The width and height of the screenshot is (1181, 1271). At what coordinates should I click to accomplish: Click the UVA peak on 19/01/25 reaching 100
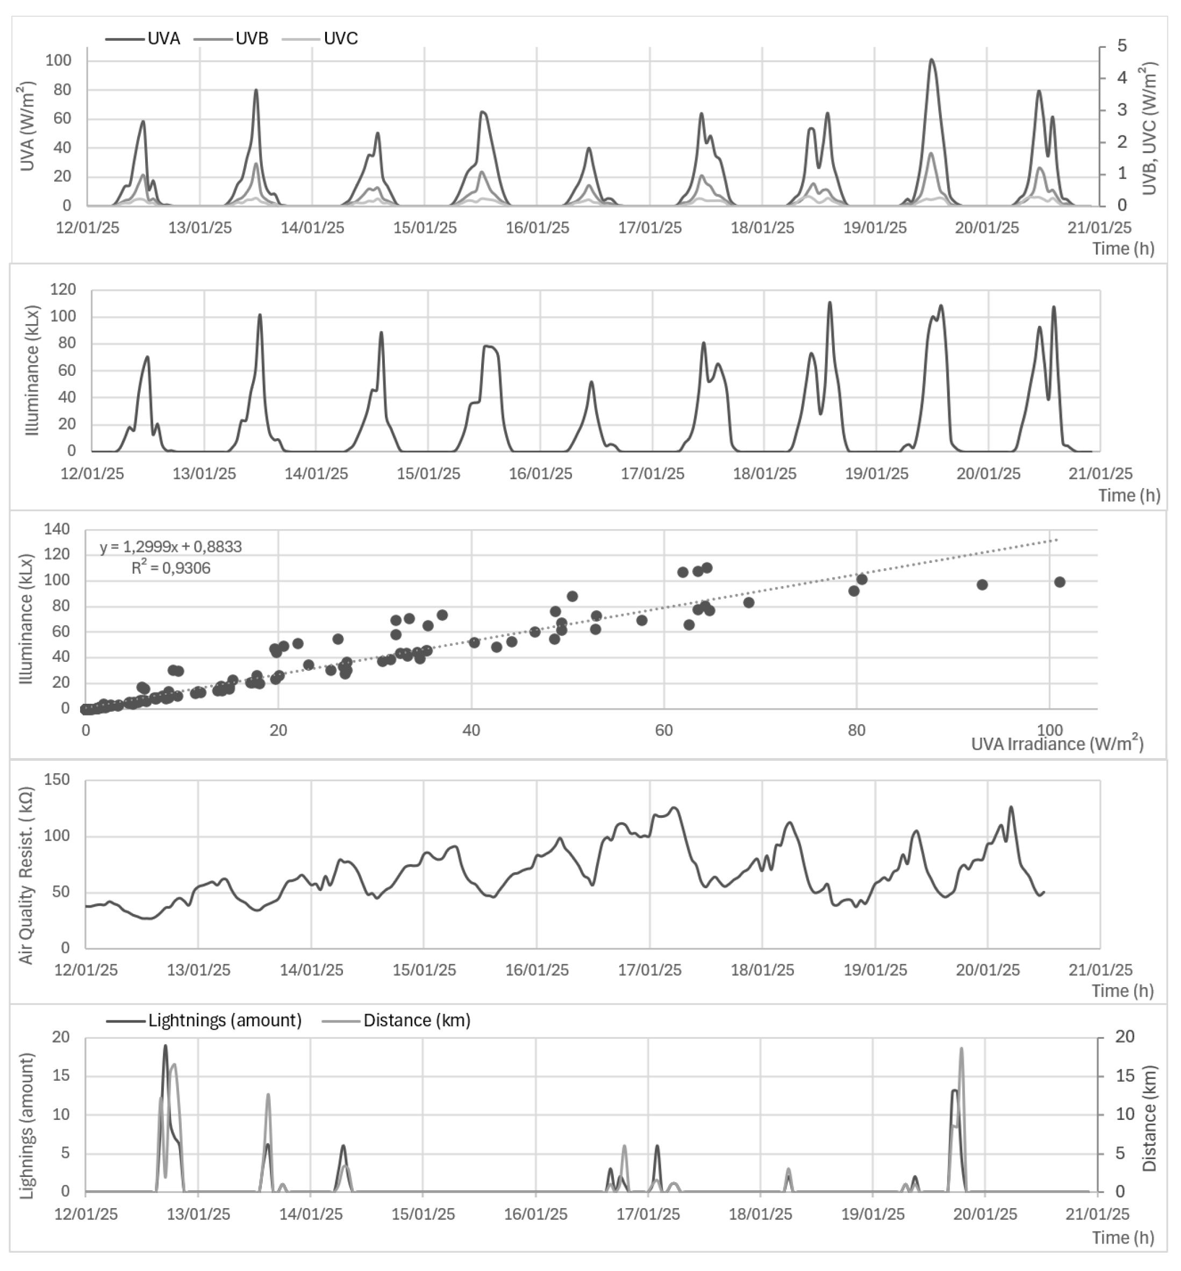(x=931, y=60)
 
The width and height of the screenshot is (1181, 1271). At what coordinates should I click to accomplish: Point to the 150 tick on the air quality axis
(x=58, y=780)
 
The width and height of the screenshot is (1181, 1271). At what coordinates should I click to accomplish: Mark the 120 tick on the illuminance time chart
(x=63, y=290)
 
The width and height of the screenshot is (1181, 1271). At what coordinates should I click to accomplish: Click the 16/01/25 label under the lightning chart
(x=535, y=1213)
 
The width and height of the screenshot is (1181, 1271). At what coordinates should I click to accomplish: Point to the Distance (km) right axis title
(x=1150, y=1118)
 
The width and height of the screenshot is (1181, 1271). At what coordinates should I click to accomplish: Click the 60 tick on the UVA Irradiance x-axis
(x=664, y=730)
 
